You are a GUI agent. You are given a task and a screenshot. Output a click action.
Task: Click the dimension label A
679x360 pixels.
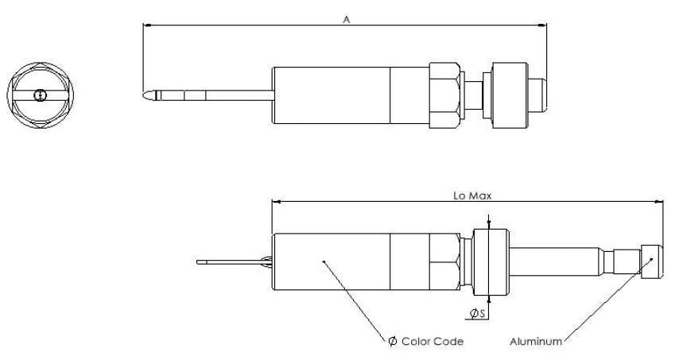[346, 18]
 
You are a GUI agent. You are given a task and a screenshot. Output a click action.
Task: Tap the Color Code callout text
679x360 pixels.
[426, 342]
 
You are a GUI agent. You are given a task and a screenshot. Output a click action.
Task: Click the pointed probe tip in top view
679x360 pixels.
[148, 95]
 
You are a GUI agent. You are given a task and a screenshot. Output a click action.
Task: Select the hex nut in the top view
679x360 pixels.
[445, 95]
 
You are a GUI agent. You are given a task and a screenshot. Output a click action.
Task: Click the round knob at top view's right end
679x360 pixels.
[513, 95]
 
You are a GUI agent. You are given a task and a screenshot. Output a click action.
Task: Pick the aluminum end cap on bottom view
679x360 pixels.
[651, 261]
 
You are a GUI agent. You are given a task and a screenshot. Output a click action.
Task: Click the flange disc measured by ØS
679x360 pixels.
[489, 261]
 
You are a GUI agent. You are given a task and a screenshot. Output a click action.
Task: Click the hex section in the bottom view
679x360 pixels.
[445, 261]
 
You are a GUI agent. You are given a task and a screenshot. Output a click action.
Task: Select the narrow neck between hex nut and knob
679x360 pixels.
[476, 95]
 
